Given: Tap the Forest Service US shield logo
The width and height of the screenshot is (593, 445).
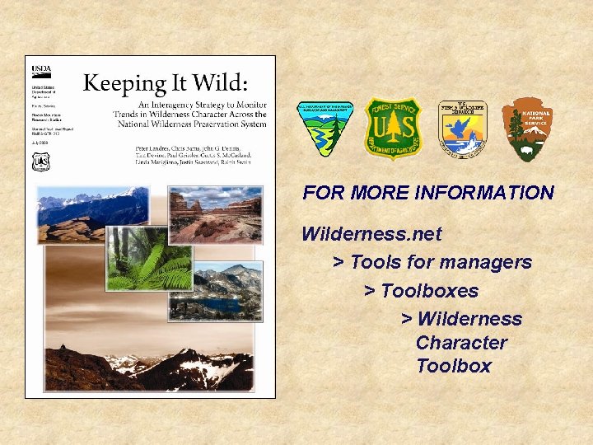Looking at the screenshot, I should tap(393, 129).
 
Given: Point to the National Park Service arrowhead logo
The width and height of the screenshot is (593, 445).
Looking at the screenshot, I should tap(528, 129).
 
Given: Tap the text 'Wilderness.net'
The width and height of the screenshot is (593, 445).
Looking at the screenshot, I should tap(371, 234).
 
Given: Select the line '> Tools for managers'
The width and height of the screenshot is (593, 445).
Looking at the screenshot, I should tap(432, 262).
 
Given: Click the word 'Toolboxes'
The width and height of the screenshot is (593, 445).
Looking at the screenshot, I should tap(429, 291).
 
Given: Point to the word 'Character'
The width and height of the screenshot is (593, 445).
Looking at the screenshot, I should tap(460, 343).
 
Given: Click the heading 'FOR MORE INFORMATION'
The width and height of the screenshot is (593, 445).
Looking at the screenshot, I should tap(428, 193).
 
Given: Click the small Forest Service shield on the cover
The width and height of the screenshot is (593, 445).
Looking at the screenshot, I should tap(40, 162).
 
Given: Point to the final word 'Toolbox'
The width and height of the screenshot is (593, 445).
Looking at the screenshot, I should tap(454, 366).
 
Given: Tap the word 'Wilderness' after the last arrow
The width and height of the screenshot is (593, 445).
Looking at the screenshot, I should tap(469, 319).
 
